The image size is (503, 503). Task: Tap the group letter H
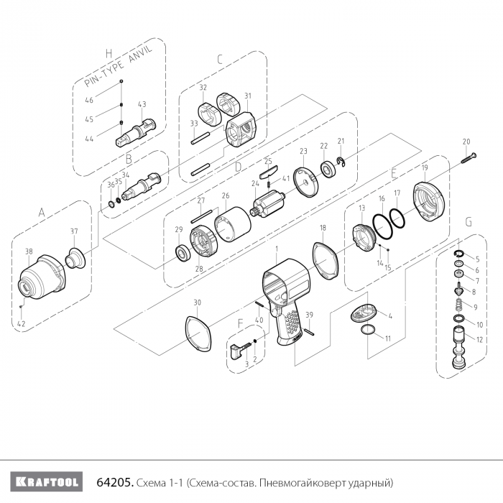(x=109, y=52)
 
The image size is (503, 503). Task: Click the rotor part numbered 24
(x=271, y=203)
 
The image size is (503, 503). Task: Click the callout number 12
(x=479, y=338)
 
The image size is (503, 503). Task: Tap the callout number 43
(x=142, y=104)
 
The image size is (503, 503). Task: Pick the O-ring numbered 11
(x=367, y=330)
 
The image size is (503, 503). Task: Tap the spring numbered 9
(x=458, y=308)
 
